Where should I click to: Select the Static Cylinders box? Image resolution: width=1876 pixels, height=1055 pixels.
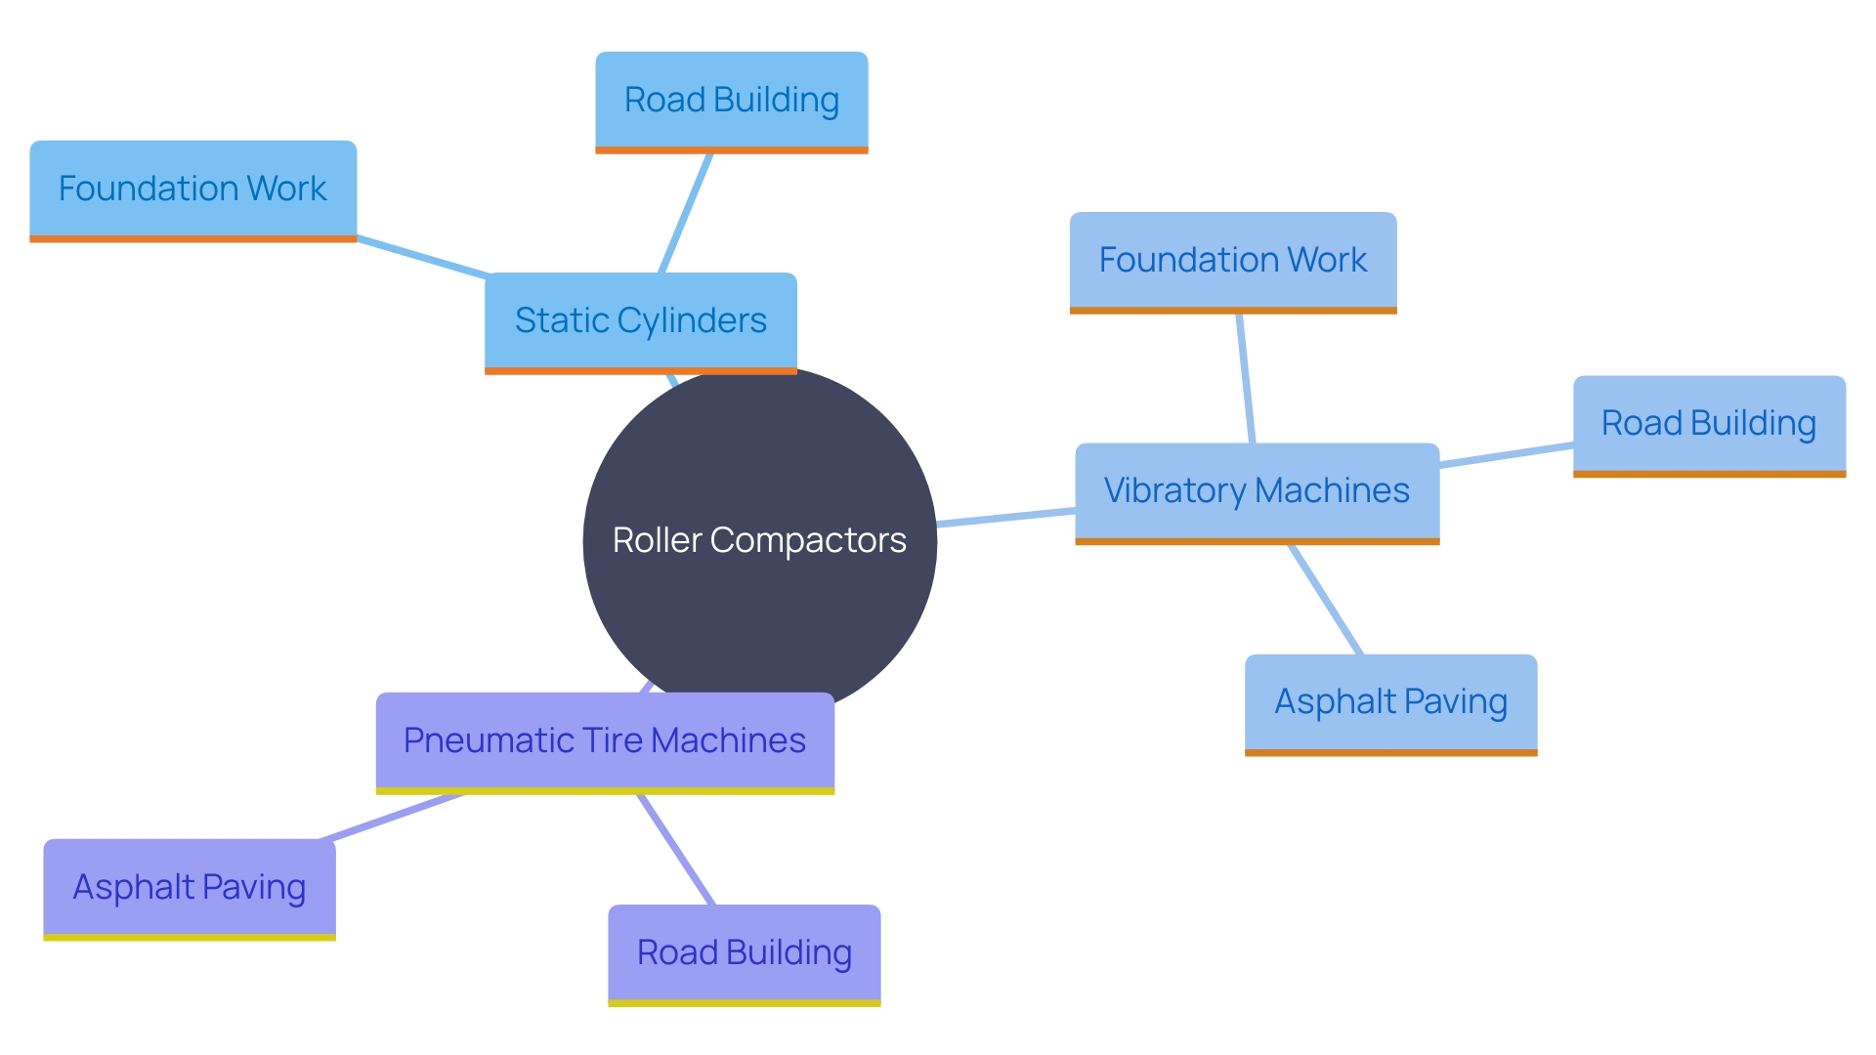point(640,321)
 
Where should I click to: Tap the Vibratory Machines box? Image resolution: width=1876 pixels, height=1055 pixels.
point(1257,490)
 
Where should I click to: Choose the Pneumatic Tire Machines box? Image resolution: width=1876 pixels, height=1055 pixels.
point(605,740)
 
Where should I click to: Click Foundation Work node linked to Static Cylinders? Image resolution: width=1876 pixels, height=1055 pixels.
point(192,189)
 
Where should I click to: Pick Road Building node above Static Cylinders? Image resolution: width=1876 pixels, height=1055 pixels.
point(731,101)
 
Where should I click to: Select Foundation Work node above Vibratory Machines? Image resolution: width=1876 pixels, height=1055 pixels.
point(1232,260)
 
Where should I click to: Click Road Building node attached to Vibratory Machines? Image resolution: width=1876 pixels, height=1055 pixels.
point(1708,424)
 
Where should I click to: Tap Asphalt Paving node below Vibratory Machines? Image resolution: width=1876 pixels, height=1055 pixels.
point(1390,702)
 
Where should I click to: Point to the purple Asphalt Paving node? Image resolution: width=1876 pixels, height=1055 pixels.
point(190,887)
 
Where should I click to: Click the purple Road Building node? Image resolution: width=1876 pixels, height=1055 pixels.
point(744,952)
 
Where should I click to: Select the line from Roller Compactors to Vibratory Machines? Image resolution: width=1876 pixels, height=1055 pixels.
point(1006,518)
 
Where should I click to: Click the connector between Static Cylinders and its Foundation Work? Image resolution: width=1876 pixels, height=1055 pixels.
point(422,256)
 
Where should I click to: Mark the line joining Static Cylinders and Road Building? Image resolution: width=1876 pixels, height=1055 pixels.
point(686,213)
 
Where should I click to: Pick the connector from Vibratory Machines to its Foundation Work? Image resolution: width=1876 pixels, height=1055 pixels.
point(1245,378)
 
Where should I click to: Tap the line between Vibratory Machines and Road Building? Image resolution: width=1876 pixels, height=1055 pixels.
point(1506,455)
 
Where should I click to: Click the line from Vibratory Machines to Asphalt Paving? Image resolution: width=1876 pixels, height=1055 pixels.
point(1326,599)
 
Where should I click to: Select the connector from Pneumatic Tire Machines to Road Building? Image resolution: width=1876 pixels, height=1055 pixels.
point(676,849)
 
